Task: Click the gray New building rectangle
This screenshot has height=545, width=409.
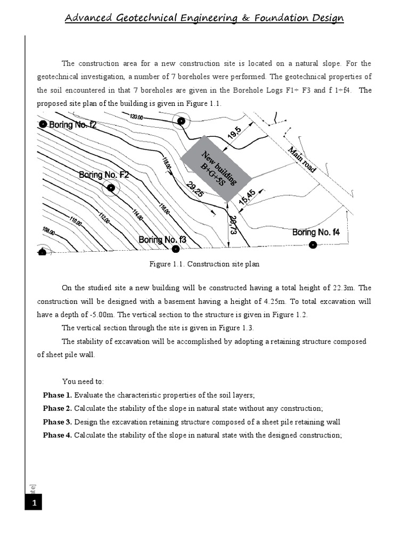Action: tap(216, 168)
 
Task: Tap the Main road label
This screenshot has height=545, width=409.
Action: tap(302, 159)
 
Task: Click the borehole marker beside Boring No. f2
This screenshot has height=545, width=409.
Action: tap(43, 124)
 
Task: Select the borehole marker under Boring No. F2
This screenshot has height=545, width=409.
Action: tap(111, 187)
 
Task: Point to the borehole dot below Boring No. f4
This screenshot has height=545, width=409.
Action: tap(313, 245)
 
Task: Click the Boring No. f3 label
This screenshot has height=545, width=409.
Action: tap(162, 240)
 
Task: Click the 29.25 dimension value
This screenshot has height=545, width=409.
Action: tap(195, 190)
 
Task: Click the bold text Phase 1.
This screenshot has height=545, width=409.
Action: tap(57, 395)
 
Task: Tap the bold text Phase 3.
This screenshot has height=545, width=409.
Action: tap(57, 422)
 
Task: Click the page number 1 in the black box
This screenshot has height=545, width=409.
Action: tap(33, 502)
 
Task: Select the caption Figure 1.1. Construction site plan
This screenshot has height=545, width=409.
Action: tap(204, 264)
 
